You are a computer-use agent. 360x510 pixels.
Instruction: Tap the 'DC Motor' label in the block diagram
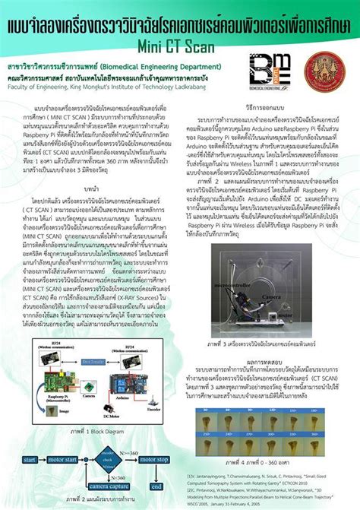(x=109, y=415)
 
